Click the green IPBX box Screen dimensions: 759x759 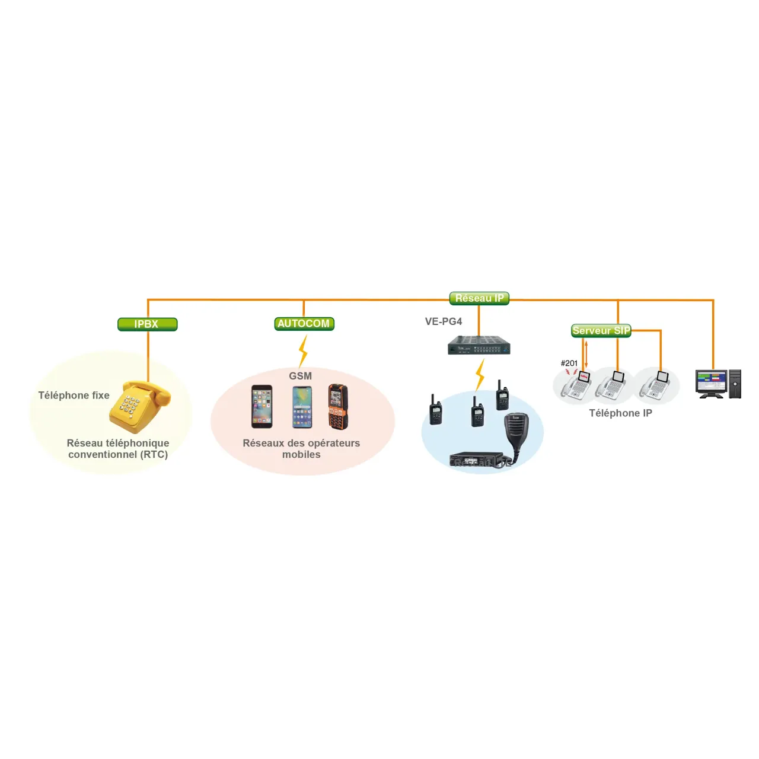tap(147, 324)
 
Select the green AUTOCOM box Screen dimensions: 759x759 tap(304, 324)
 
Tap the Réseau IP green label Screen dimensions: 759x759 tap(479, 298)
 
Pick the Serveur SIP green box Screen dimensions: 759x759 tap(601, 331)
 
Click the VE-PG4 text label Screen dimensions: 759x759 tap(443, 321)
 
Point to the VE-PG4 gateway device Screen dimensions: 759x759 tap(479, 345)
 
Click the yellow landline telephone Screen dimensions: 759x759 tap(139, 406)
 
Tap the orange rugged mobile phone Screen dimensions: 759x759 tap(338, 406)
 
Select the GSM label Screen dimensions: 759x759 tap(300, 376)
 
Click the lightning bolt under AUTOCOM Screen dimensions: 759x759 tap(303, 351)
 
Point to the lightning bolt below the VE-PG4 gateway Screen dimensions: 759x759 tap(480, 375)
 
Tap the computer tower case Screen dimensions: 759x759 tap(735, 384)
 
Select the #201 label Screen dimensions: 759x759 tap(569, 363)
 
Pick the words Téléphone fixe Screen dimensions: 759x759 tap(74, 396)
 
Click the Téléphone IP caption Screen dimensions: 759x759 tap(620, 413)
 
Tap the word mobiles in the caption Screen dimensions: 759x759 tap(301, 455)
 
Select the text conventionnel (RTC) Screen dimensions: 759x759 tap(118, 455)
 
